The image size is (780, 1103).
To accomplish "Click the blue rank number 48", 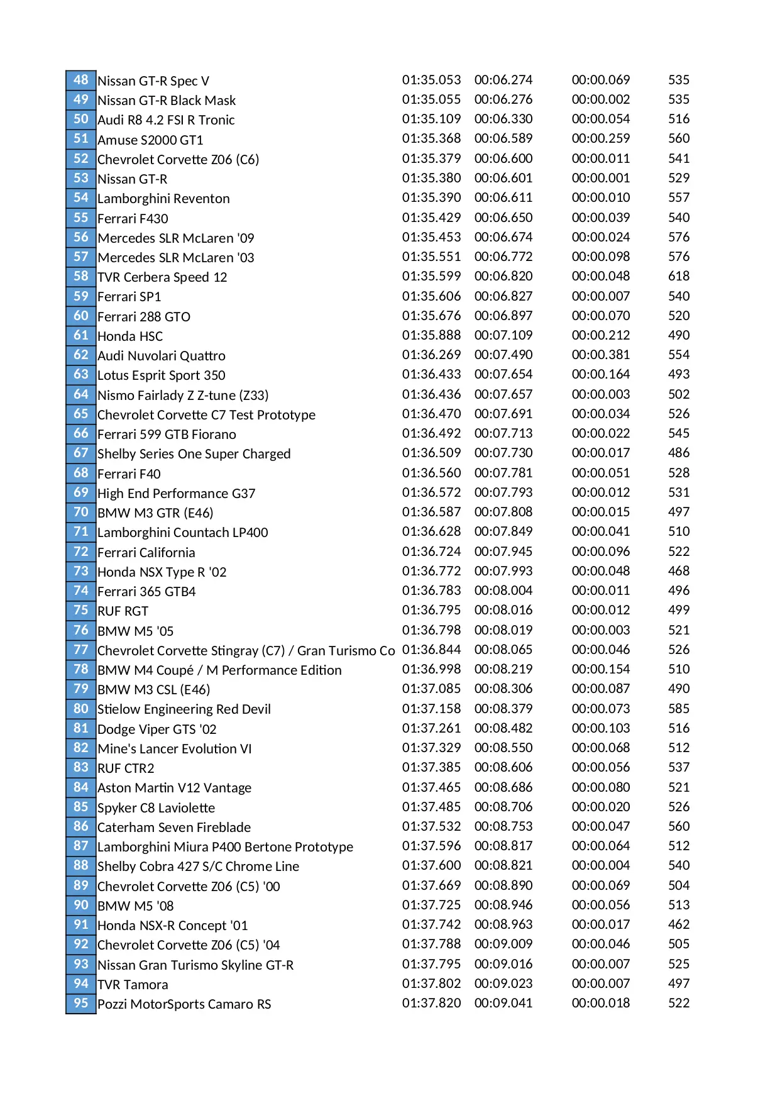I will pos(81,80).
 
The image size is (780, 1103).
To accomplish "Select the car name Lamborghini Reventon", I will pos(163,199).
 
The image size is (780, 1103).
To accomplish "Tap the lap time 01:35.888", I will pos(431,335).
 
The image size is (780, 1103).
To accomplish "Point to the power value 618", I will pos(679,276).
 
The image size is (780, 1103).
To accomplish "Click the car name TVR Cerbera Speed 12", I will pos(162,277).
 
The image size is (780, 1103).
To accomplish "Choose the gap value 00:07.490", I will pos(503,355).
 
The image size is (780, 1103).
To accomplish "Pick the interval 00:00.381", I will pos(600,355).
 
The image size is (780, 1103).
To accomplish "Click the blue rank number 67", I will pos(81,453).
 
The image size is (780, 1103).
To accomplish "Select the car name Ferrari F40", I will pos(129,474).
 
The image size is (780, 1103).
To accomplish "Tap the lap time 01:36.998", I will pos(431,669).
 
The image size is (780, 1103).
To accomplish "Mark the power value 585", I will pos(679,708).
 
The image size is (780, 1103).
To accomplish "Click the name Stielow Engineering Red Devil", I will pos(184,709).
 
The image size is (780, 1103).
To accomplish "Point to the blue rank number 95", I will pos(81,1003).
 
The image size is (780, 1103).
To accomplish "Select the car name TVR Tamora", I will pos(133,985).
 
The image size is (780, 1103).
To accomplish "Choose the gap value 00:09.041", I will pos(503,1003).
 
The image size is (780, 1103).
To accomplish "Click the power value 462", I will pos(679,924).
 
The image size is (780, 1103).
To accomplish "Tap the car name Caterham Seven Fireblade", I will pos(174,828).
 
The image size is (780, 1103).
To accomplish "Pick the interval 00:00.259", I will pos(600,138).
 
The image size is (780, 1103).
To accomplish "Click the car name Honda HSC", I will pos(130,336).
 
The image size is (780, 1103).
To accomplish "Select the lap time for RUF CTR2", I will pos(431,767).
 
